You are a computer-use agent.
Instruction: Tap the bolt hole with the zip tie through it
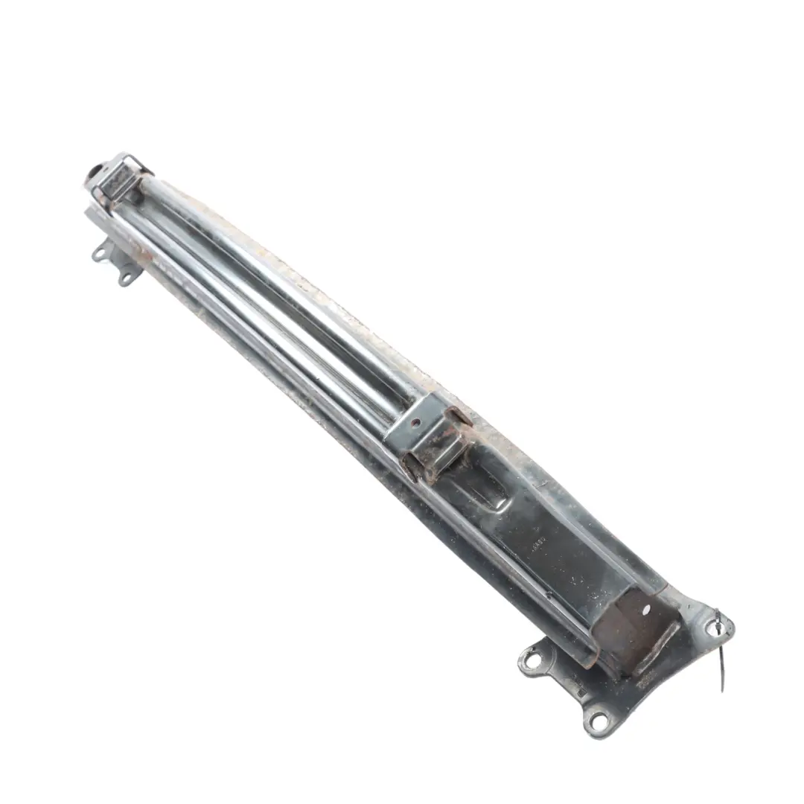pyautogui.click(x=718, y=627)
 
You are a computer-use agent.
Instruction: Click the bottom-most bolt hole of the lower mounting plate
pyautogui.click(x=597, y=719)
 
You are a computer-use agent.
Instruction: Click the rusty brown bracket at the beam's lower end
pyautogui.click(x=633, y=629)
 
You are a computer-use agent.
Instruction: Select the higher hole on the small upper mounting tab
pyautogui.click(x=99, y=254)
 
